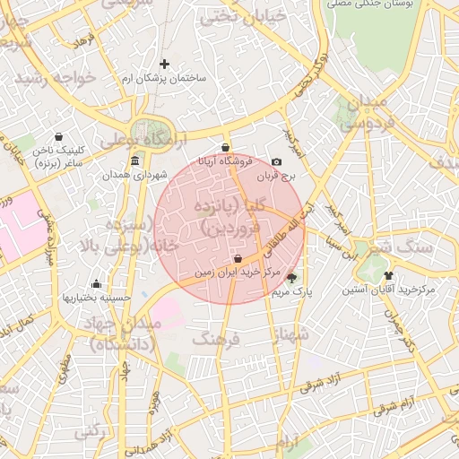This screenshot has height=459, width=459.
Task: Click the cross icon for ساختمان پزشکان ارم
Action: click(164, 64)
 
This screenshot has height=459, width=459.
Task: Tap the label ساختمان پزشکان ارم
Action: click(164, 78)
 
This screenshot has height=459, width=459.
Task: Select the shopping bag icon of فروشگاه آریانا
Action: click(224, 148)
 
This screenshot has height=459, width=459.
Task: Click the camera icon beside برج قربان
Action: click(276, 161)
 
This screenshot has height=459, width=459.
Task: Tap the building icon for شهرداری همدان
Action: click(134, 161)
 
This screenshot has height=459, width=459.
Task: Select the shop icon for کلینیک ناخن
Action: click(59, 137)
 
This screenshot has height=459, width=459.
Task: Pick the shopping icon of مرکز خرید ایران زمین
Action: click(237, 259)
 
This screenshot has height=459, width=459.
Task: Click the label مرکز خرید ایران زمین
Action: click(237, 272)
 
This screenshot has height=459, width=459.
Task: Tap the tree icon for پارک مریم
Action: click(290, 277)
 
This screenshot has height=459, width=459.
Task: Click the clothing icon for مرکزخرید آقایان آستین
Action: click(388, 275)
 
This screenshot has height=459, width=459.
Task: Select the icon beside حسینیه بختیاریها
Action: click(96, 284)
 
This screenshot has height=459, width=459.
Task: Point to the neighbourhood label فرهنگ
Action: click(212, 340)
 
